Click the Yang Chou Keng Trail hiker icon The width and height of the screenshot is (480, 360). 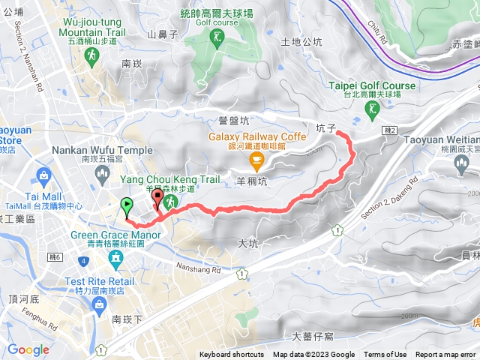click(169, 201)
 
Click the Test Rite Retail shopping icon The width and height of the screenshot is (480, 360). click(100, 304)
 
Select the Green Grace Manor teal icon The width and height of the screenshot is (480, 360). click(115, 260)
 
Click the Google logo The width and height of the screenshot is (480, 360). click(28, 349)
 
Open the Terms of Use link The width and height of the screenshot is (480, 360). click(385, 355)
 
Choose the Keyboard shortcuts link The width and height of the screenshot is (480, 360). click(232, 355)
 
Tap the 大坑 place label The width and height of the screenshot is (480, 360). click(247, 243)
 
